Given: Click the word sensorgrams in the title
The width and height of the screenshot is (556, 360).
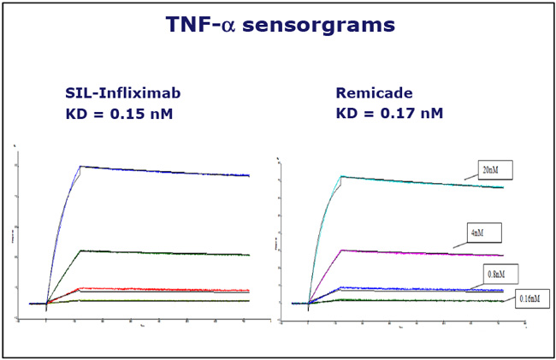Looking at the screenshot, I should click(331, 26).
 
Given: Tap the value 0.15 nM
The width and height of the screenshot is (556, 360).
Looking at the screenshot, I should click(143, 113).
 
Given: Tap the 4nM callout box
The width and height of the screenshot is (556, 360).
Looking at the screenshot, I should click(483, 231).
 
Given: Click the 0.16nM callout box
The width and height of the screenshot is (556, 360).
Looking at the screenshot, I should click(534, 298).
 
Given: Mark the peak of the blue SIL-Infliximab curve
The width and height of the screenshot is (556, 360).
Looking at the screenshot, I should click(80, 166).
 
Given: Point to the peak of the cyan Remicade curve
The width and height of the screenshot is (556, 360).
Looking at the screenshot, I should click(342, 176).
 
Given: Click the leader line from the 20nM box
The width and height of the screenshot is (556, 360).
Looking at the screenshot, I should click(470, 176).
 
